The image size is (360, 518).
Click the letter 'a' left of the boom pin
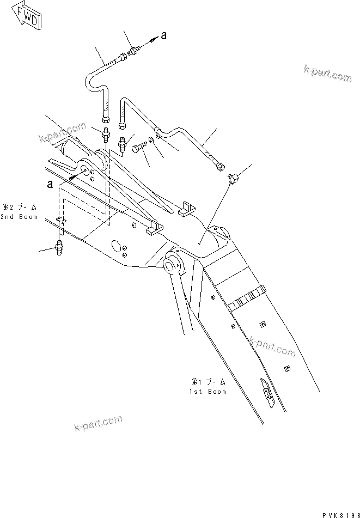click(x=50, y=184)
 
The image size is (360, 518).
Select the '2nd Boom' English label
click(x=19, y=217)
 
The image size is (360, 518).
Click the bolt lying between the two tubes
click(x=139, y=148)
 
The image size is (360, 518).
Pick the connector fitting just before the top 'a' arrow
click(x=132, y=53)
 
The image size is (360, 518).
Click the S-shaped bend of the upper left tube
click(x=91, y=82)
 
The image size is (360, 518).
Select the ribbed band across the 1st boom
click(x=247, y=298)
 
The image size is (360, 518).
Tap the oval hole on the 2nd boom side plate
click(x=115, y=246)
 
